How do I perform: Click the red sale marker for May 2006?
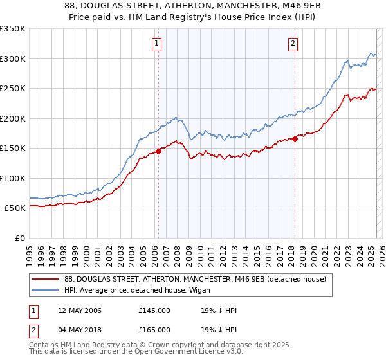tap(158, 152)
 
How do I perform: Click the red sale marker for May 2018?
tap(295, 138)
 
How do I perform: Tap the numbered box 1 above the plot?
tap(156, 44)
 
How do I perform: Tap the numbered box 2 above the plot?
tap(293, 44)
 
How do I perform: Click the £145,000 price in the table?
tap(154, 310)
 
